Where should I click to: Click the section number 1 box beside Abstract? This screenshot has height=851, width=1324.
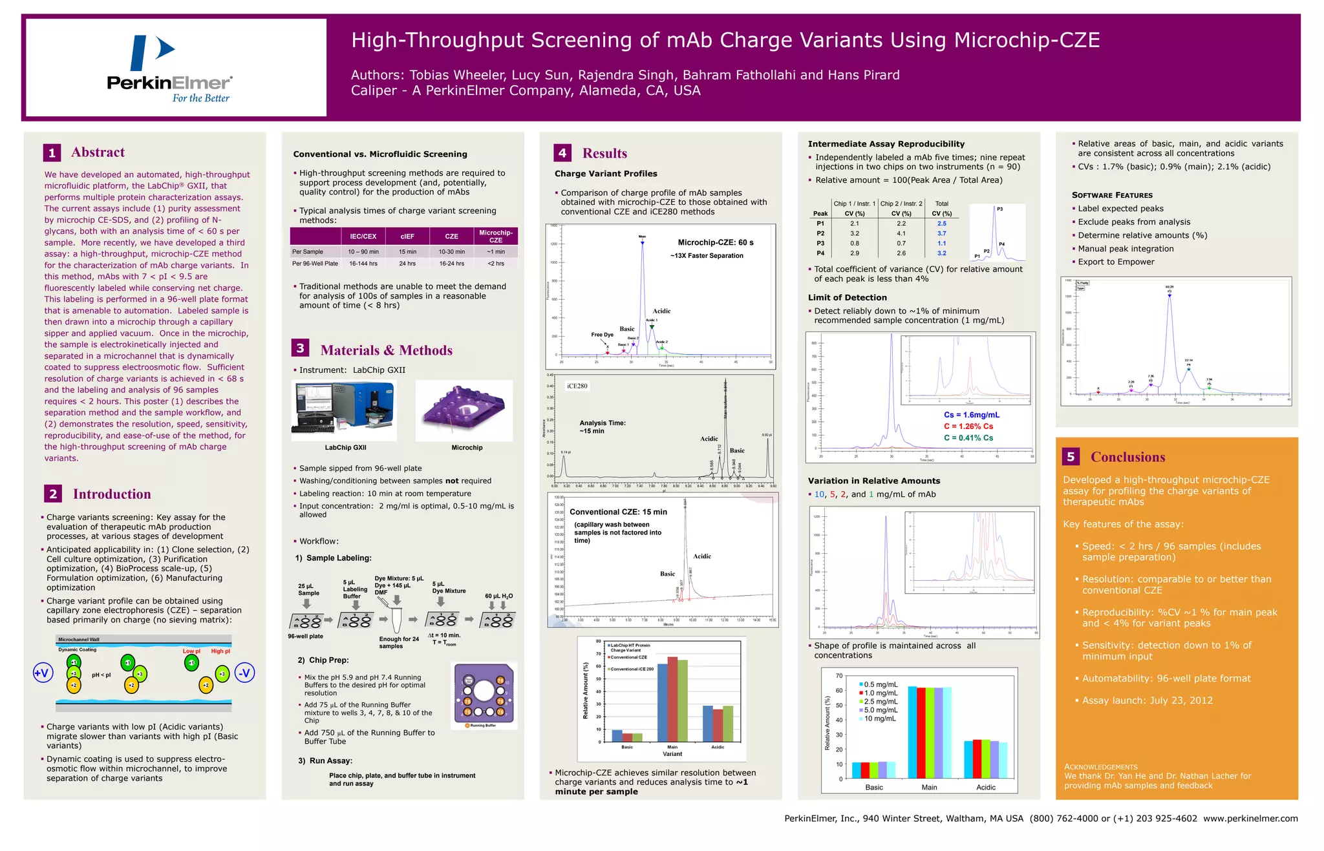tap(52, 153)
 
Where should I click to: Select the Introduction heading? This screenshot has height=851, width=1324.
tap(111, 494)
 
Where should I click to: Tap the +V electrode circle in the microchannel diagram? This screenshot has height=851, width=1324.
tap(42, 673)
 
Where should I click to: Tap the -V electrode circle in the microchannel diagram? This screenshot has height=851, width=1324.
tap(244, 673)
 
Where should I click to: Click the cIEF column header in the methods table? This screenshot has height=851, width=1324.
tap(407, 236)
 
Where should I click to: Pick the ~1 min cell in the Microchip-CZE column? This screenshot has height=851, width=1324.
tap(495, 252)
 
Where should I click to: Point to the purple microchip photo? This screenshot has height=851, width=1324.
tap(464, 411)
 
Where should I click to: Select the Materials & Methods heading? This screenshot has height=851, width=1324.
tap(386, 350)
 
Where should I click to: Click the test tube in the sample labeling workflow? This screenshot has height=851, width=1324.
tap(396, 620)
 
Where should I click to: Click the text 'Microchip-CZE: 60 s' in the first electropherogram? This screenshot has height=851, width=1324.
tap(715, 243)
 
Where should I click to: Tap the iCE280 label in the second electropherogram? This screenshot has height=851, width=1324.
tap(577, 386)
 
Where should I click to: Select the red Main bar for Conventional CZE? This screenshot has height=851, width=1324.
tap(672, 699)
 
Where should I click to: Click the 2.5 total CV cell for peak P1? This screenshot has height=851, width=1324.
tap(941, 224)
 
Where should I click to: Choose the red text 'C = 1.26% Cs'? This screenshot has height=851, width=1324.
tap(968, 426)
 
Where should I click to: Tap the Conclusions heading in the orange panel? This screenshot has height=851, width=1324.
tap(1127, 457)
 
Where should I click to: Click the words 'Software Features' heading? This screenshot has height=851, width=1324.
tap(1112, 195)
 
